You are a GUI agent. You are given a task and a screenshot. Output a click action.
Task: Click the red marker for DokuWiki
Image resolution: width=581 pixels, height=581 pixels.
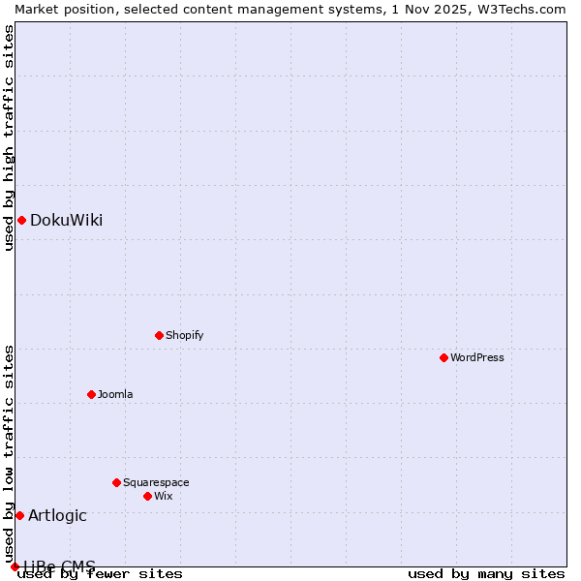[x=21, y=220]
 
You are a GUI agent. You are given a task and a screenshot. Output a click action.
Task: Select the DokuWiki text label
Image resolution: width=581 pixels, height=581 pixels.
[x=66, y=221]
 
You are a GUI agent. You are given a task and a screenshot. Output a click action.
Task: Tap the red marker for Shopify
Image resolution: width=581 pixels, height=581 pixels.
[x=160, y=335]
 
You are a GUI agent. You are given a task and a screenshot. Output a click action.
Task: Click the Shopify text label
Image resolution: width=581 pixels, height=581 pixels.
[x=184, y=336]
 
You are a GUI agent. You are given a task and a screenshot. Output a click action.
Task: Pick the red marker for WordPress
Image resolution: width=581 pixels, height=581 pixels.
[x=444, y=357]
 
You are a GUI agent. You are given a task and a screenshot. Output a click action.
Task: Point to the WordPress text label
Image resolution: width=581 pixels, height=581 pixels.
[x=477, y=358]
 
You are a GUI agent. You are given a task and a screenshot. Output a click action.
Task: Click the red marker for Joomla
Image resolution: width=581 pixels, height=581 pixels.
[x=92, y=394]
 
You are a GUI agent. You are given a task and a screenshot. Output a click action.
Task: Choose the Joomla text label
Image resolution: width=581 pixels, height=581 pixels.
[x=115, y=395]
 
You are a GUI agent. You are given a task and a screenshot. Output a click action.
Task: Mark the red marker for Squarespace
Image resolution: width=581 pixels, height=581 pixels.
[x=117, y=482]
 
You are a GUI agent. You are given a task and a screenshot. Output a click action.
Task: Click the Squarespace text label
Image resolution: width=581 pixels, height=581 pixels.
[x=156, y=483]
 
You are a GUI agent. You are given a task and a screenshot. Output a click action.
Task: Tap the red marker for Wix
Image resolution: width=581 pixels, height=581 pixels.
[x=148, y=496]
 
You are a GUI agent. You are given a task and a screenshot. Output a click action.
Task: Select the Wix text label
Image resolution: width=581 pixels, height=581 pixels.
[x=164, y=497]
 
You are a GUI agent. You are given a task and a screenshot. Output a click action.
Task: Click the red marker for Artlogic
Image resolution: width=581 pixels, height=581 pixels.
[x=19, y=515]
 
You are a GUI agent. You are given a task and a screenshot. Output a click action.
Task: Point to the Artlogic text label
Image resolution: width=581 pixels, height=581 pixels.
[x=57, y=516]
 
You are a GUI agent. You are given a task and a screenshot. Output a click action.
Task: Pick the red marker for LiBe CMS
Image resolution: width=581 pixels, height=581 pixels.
[x=15, y=566]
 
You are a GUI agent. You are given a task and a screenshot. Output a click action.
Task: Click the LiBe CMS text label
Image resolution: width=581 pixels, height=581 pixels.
[x=59, y=566]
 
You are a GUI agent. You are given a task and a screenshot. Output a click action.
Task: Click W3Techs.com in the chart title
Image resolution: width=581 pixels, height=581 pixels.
[x=527, y=9]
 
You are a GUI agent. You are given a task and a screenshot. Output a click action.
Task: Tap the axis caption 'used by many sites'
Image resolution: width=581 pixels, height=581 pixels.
[x=486, y=574]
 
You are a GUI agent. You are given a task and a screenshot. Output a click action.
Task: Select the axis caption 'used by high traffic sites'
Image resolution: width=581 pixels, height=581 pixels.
[x=9, y=138]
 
